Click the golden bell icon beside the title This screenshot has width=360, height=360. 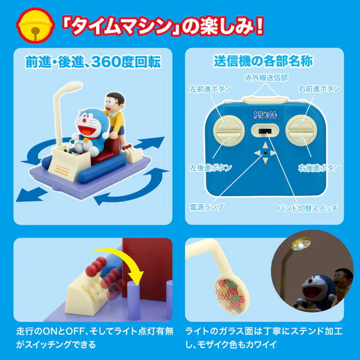pyautogui.click(x=35, y=25)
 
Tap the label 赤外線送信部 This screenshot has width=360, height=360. pyautogui.click(x=266, y=77)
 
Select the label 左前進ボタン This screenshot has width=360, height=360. pyautogui.click(x=211, y=89)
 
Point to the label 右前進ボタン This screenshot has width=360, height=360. pyautogui.click(x=319, y=89)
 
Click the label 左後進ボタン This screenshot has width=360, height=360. pyautogui.click(x=211, y=167)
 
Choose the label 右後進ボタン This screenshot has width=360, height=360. pyautogui.click(x=319, y=168)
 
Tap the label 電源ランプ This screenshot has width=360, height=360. pyautogui.click(x=206, y=207)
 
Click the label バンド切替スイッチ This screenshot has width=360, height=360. pyautogui.click(x=308, y=208)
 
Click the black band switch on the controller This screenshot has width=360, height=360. pyautogui.click(x=265, y=131)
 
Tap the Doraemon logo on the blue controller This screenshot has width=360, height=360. pyautogui.click(x=265, y=114)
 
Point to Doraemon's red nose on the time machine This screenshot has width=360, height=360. pyautogui.click(x=84, y=121)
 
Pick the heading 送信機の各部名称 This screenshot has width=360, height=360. pyautogui.click(x=263, y=62)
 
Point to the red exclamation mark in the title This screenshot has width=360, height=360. pyautogui.click(x=258, y=26)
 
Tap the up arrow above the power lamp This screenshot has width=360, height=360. pyautogui.click(x=265, y=146)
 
